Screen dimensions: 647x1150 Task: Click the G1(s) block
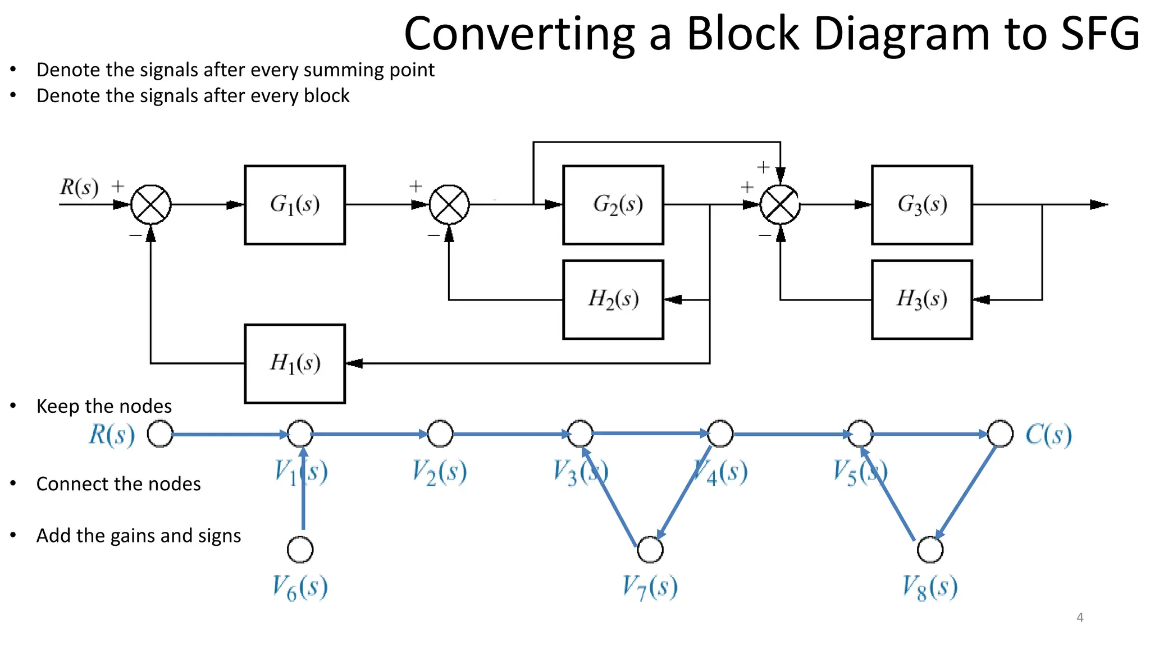coord(295,205)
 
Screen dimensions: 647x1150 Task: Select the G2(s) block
coord(613,205)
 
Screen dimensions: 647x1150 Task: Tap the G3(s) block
coord(922,205)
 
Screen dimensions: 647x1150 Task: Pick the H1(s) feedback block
coord(295,363)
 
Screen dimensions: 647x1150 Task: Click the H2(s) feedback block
coord(613,299)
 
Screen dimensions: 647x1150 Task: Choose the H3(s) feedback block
coord(922,299)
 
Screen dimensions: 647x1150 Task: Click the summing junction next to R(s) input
coord(151,205)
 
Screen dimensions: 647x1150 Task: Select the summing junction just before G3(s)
coord(780,205)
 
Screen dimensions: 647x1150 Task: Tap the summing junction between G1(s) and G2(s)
coord(449,205)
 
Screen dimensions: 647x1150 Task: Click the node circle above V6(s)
coord(300,549)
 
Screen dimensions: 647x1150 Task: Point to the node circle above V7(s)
coord(650,549)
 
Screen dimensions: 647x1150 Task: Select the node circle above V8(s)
coord(930,549)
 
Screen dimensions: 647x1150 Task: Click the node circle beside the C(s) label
coord(1000,434)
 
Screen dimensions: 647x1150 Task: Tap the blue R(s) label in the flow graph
coord(112,435)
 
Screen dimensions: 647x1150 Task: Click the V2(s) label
coord(439,472)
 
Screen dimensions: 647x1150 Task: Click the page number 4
coord(1080,618)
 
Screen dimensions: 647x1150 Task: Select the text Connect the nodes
coord(118,484)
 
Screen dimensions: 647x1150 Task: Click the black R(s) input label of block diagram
coord(79,187)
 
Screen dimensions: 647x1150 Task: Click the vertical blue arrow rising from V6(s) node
coord(303,494)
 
